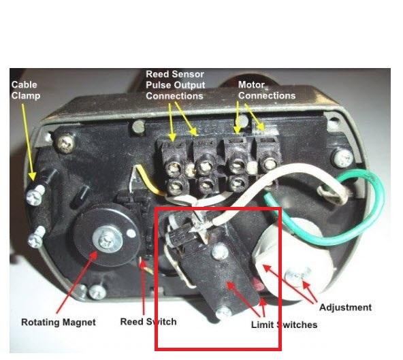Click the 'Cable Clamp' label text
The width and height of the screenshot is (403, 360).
pyautogui.click(x=26, y=91)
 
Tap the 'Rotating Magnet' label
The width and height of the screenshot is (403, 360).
pyautogui.click(x=59, y=322)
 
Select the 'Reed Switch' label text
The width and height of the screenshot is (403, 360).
pyautogui.click(x=148, y=322)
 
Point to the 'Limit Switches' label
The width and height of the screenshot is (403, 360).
pyautogui.click(x=284, y=325)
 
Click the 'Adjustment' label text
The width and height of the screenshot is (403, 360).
pyautogui.click(x=345, y=308)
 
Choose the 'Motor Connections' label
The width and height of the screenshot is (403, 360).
pyautogui.click(x=267, y=91)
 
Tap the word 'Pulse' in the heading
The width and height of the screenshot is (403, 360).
pyautogui.click(x=159, y=85)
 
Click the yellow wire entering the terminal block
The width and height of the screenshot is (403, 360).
pyautogui.click(x=147, y=177)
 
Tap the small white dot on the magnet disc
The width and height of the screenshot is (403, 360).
pyautogui.click(x=131, y=233)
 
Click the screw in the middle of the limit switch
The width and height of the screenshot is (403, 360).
pyautogui.click(x=219, y=251)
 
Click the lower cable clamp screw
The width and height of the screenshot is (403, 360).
pyautogui.click(x=36, y=238)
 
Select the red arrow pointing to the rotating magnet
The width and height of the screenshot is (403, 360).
pyautogui.click(x=77, y=282)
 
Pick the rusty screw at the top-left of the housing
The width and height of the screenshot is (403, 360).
pyautogui.click(x=65, y=144)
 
